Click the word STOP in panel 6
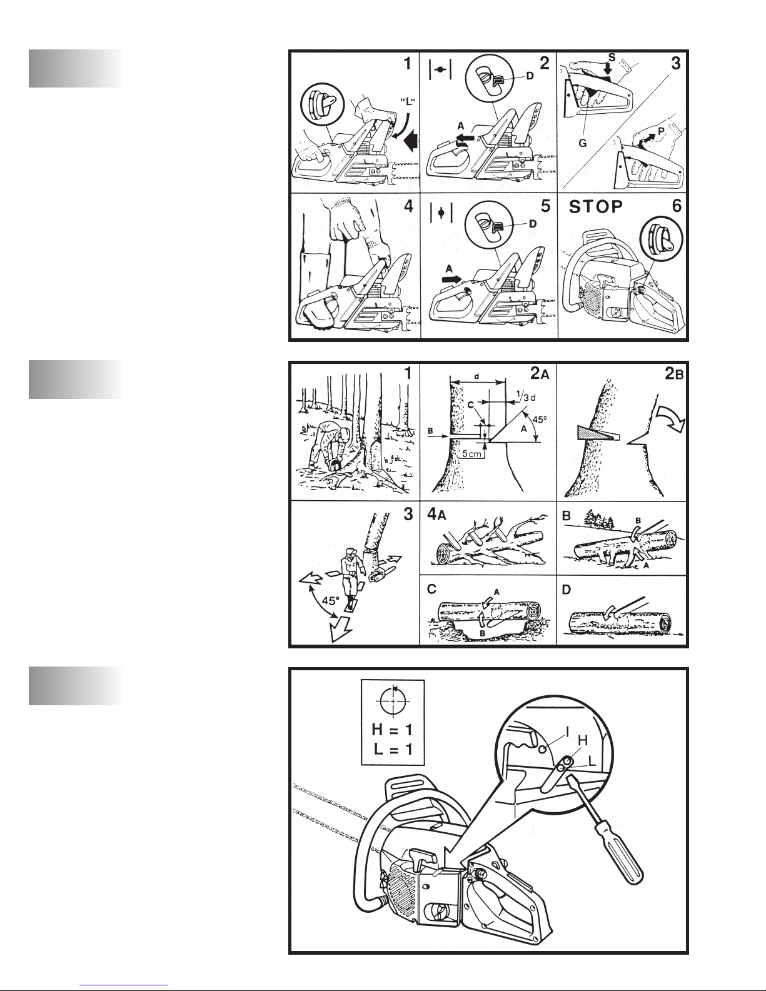coord(595,206)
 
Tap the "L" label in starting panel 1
coord(408,102)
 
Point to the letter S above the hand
coord(612,58)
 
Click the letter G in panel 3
coord(582,143)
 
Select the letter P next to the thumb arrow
coord(661,131)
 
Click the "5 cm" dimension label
coord(471,454)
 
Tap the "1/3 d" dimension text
coord(526,395)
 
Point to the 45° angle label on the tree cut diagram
coord(540,419)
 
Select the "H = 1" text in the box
coord(392,730)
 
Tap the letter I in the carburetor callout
coord(567,732)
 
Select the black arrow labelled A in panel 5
coord(452,279)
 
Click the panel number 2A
coord(540,373)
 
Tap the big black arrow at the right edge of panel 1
coord(411,141)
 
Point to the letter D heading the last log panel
coord(567,590)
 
